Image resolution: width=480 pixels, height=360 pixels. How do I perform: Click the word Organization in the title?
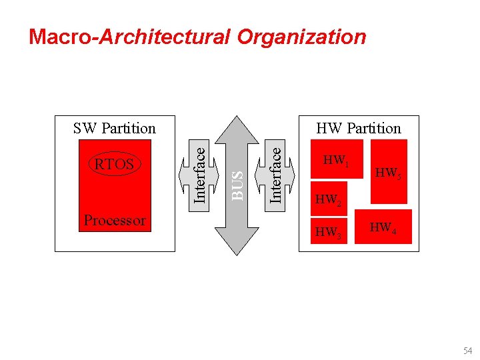pos(301,37)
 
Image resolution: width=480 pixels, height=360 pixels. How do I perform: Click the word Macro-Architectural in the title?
pos(129,37)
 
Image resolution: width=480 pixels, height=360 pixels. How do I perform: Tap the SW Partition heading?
pos(114,128)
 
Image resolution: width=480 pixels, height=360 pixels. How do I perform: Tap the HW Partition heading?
pos(359,128)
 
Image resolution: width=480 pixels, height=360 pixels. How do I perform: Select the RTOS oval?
pos(115,164)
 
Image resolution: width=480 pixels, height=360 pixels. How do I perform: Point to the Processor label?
pos(115,220)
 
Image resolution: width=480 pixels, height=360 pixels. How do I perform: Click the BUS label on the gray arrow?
pos(237,184)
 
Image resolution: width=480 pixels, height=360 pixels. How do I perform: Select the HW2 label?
pos(328,199)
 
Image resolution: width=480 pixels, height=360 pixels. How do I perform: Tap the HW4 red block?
pos(383,227)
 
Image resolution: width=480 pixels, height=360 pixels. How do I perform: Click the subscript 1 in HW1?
pos(347,164)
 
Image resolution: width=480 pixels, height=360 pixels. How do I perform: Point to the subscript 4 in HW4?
pos(394,231)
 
